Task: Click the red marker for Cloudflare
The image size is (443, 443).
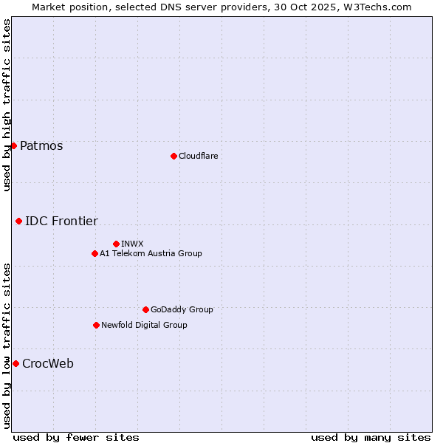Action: (x=174, y=156)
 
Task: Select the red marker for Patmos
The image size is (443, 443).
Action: (x=13, y=145)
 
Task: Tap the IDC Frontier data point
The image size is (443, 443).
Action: (x=18, y=221)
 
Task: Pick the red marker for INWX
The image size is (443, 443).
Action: (x=116, y=244)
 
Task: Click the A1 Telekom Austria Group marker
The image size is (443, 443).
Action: (x=95, y=253)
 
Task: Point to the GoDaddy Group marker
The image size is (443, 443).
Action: (x=145, y=309)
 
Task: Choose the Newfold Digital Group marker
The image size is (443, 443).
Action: (x=96, y=325)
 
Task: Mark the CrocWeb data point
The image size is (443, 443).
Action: (x=16, y=363)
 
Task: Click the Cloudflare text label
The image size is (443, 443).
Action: (x=198, y=156)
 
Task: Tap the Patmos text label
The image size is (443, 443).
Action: (x=41, y=145)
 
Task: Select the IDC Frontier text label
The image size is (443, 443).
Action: (x=61, y=221)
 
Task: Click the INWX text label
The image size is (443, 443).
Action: (x=132, y=244)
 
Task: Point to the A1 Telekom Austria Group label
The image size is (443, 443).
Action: (x=151, y=253)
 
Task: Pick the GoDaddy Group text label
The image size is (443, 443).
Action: (x=182, y=309)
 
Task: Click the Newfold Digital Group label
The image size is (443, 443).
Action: (x=144, y=325)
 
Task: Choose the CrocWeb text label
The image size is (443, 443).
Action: (x=48, y=363)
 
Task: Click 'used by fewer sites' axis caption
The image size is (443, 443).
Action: (x=76, y=437)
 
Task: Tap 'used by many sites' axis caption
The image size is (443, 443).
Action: (x=371, y=437)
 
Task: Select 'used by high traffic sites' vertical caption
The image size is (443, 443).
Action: (x=7, y=105)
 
